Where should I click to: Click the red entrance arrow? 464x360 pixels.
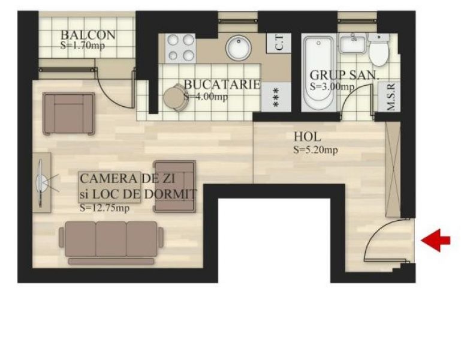436,240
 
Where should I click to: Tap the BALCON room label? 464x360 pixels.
88,35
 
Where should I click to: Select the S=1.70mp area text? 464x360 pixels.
83,45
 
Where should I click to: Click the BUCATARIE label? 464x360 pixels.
222,85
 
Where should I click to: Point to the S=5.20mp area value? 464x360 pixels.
315,150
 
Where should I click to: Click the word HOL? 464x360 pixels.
307,137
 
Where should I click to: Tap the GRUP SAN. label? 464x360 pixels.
344,75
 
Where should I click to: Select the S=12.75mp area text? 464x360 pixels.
104,208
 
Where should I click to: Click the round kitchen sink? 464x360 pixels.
239,48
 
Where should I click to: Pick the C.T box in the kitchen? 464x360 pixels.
279,43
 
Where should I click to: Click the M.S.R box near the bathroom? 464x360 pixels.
389,97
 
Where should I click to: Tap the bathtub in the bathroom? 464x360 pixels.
319,73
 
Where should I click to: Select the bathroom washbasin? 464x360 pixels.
352,44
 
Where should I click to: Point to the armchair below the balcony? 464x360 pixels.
69,113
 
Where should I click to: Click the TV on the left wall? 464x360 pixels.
41,182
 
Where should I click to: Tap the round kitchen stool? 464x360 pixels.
174,97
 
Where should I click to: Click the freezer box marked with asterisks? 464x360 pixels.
276,97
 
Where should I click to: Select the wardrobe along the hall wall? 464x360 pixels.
393,169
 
